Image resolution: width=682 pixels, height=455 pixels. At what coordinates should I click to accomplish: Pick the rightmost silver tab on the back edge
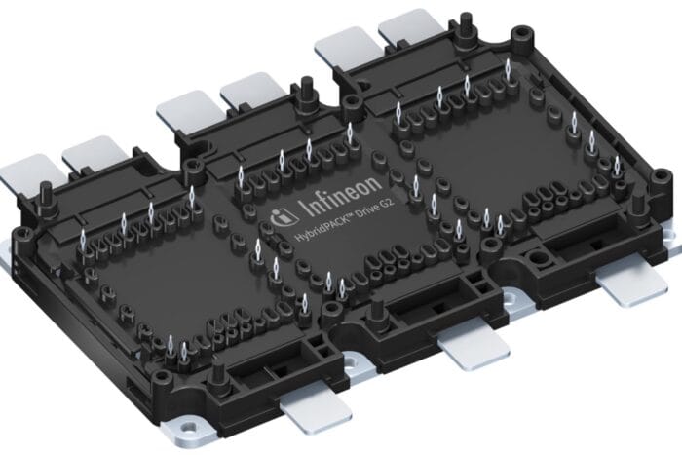click(409, 36)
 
